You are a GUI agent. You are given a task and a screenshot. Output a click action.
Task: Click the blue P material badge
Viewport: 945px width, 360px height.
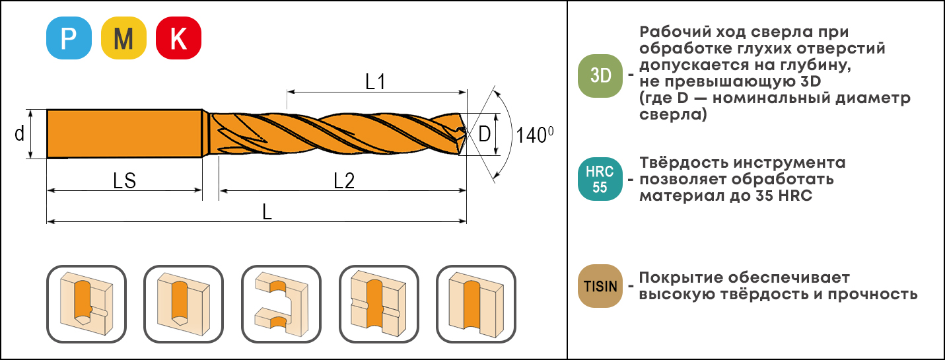69,38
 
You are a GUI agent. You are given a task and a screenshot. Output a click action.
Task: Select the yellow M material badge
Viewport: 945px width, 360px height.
123,38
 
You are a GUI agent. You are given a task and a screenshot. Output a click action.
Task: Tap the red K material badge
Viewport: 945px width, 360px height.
178,38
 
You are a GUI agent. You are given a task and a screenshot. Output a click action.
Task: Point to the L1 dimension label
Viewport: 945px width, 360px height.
375,81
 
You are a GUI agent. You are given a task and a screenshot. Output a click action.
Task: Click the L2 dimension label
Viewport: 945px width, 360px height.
344,180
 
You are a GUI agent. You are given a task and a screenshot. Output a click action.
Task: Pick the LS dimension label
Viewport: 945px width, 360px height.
124,180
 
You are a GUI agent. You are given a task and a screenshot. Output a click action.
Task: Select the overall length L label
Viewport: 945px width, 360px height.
267,212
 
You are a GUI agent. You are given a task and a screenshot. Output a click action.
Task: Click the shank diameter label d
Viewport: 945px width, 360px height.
19,134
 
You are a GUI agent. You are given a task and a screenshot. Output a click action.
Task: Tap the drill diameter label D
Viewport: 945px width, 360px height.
484,134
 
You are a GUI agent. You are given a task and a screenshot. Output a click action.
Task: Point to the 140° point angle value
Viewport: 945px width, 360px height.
534,135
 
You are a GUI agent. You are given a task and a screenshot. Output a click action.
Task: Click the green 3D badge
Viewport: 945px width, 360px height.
600,76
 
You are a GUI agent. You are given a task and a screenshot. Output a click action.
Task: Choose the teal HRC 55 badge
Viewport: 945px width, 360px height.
600,179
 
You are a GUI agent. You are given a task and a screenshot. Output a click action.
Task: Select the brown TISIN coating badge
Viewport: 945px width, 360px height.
600,286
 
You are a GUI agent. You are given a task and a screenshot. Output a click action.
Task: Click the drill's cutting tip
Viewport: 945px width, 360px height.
465,134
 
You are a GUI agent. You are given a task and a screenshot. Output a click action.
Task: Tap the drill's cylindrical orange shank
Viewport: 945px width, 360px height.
124,134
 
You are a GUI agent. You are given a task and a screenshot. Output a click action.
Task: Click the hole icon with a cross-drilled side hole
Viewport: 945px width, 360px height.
379,304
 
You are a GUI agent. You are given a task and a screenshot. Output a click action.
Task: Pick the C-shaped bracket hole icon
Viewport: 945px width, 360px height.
281,304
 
